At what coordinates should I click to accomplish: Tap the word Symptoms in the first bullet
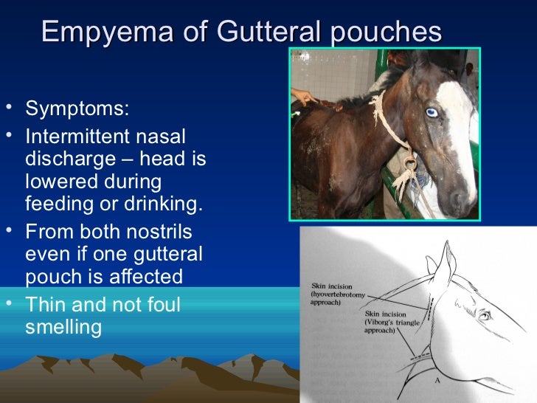77,110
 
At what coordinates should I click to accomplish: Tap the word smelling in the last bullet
63,327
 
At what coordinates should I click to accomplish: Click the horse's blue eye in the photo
432,112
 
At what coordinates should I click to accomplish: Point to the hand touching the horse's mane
304,94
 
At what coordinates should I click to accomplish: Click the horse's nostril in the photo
463,198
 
